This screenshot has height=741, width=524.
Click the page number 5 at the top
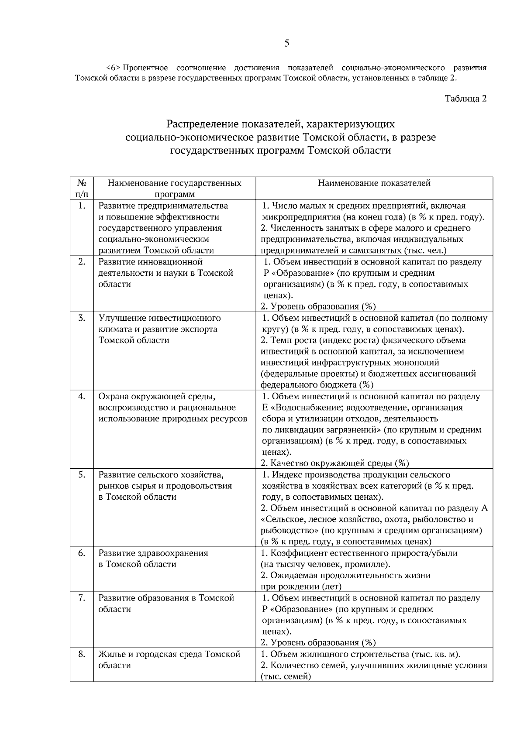[x=286, y=43]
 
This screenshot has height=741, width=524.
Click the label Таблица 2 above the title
[x=465, y=99]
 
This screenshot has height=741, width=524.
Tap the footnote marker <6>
[x=113, y=68]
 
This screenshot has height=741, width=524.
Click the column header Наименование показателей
[x=374, y=183]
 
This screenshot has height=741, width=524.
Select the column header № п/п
[x=81, y=188]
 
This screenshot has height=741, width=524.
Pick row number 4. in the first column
[x=81, y=397]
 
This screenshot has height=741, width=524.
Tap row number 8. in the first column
[x=81, y=654]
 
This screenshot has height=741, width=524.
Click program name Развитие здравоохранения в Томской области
[x=153, y=559]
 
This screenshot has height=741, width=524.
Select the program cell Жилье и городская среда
[x=169, y=659]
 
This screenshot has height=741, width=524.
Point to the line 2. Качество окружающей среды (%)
[x=334, y=463]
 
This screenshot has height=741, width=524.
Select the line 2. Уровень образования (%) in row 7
[x=318, y=642]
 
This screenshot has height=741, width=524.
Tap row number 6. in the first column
[x=81, y=553]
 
